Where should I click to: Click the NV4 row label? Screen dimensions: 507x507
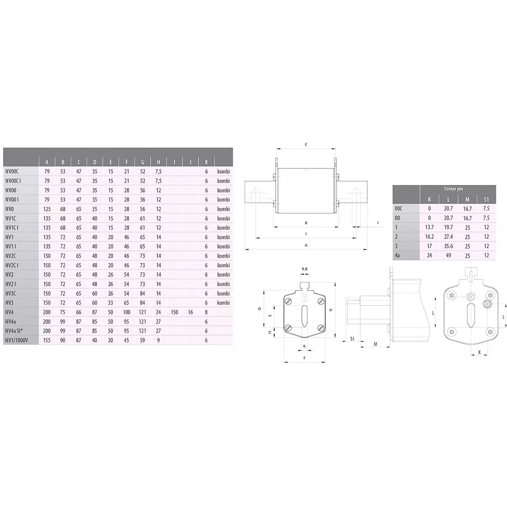(9, 312)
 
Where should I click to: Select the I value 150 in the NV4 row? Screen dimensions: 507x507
(174, 312)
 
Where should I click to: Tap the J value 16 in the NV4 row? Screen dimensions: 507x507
(191, 312)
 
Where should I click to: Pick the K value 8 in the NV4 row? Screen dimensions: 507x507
(206, 312)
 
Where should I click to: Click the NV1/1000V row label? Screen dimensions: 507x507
(17, 340)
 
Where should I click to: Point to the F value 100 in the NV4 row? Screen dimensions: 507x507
(126, 312)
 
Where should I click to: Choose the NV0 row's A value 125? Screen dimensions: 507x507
(47, 209)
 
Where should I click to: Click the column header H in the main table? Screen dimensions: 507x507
(158, 162)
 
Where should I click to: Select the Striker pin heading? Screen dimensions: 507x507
(453, 189)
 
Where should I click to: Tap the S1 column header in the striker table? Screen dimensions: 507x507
(486, 199)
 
